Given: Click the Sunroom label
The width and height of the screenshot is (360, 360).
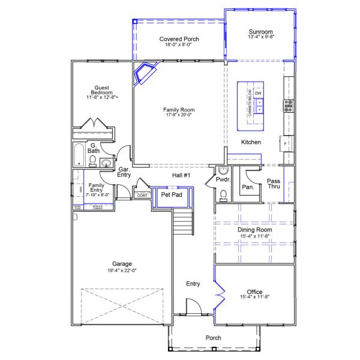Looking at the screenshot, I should click(x=261, y=31).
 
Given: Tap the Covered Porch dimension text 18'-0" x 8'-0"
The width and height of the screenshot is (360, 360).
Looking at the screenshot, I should click(x=179, y=47).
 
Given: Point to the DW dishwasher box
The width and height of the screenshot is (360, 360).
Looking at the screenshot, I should click(x=259, y=94).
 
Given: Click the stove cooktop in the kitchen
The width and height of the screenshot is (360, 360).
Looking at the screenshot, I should click(x=288, y=106).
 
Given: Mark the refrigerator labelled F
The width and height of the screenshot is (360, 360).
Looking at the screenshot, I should click(x=286, y=145).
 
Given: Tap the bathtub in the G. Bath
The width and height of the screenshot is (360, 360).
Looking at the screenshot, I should click(x=78, y=155).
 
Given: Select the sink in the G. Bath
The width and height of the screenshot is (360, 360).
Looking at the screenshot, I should click(x=107, y=162).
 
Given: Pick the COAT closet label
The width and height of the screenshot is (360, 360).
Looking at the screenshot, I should click(x=142, y=195).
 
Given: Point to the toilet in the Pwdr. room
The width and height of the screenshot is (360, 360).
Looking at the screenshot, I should click(x=223, y=194).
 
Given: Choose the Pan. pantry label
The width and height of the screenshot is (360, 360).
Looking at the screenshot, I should click(x=248, y=187).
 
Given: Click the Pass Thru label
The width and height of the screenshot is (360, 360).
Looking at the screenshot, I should click(x=274, y=184).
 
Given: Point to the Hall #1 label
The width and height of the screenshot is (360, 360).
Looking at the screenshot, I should click(x=181, y=175).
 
